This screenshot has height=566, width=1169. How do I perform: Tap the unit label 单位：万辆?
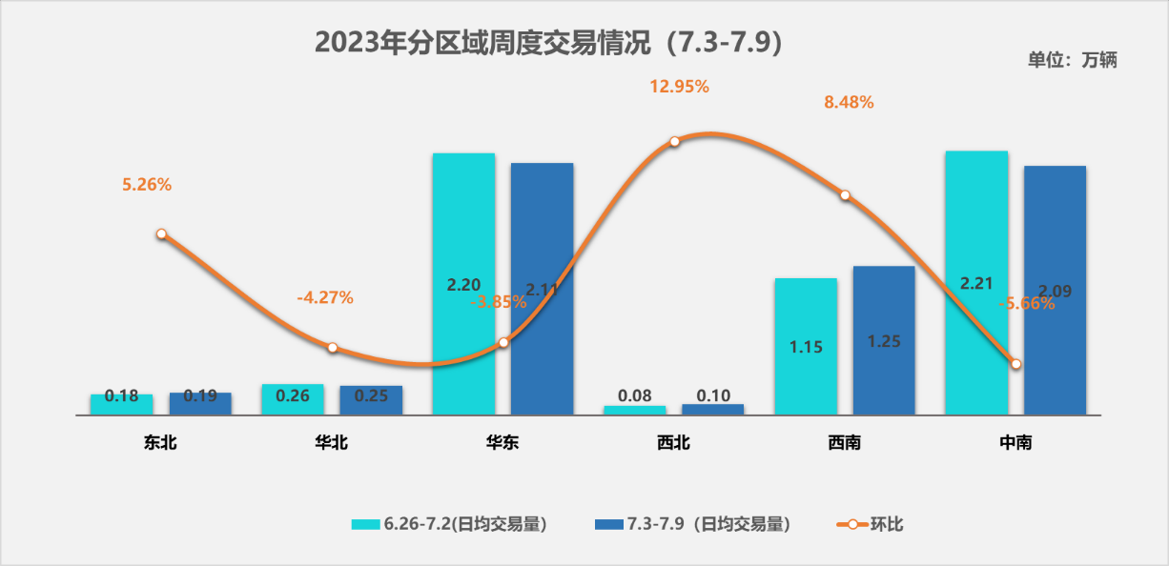tap(1072, 60)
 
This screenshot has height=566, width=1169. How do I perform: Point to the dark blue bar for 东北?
tap(200, 403)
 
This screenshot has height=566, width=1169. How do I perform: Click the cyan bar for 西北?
tap(635, 410)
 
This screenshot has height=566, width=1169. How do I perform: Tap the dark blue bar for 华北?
tap(371, 400)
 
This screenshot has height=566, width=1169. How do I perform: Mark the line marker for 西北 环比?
tap(674, 141)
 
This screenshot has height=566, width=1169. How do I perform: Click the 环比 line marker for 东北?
tap(161, 233)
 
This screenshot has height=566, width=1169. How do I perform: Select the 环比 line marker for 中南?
tap(1016, 364)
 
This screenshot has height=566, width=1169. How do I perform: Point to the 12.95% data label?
tap(680, 87)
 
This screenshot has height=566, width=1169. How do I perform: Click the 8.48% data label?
tap(849, 102)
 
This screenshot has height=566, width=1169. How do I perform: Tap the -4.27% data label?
tap(325, 297)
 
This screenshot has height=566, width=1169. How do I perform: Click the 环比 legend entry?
tap(870, 523)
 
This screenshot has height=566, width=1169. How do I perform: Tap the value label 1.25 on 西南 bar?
tap(884, 341)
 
